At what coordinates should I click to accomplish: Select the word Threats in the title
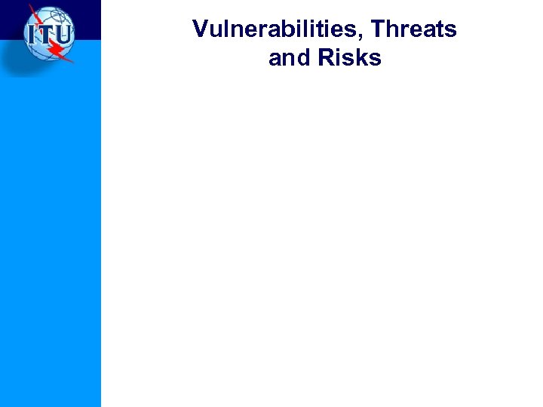tap(414, 29)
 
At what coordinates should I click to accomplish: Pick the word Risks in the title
tap(350, 58)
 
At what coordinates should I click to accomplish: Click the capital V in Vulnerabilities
tap(200, 29)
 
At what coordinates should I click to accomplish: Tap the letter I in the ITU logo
tap(31, 35)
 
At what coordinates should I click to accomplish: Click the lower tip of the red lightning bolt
tap(73, 62)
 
